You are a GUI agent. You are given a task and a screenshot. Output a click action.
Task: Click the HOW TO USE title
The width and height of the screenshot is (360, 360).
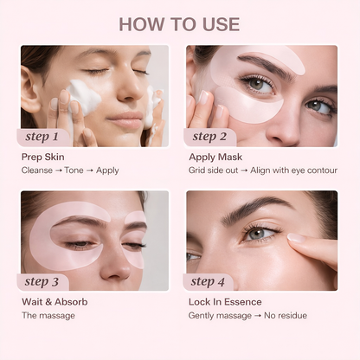tap(179, 23)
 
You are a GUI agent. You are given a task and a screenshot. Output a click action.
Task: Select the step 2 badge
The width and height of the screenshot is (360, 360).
tap(210, 136)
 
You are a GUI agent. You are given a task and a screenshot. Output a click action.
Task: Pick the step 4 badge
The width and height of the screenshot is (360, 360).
tap(210, 281)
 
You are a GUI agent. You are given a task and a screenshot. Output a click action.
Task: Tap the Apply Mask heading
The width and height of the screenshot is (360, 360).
tap(216, 157)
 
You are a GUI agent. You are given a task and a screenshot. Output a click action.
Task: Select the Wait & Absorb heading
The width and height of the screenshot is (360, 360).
tap(55, 302)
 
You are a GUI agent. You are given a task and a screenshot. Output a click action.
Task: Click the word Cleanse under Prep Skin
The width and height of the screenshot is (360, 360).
tap(36, 170)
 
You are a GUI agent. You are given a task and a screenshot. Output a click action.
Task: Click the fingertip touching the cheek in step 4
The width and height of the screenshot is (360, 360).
tap(289, 239)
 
